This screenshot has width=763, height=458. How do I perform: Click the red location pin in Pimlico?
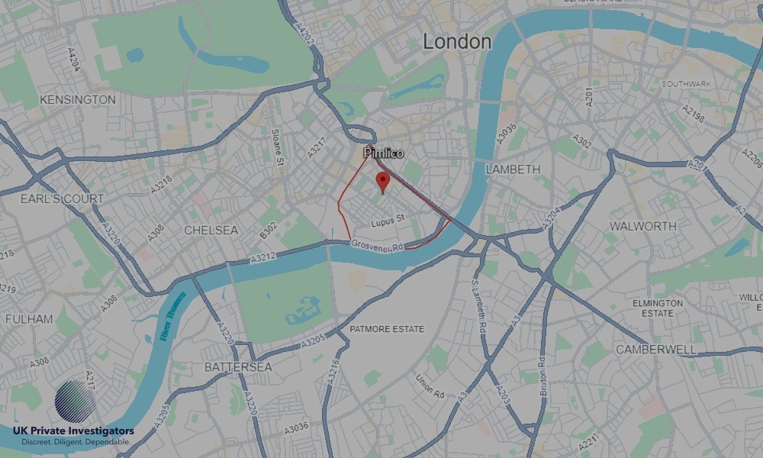coord(383,182)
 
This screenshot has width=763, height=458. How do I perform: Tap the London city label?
coord(457,41)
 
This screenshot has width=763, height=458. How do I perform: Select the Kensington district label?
coord(78,100)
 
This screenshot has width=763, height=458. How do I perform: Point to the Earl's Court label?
coord(63,199)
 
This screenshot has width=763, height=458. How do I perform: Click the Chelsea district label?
coord(211,230)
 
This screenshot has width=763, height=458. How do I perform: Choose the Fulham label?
coord(29,319)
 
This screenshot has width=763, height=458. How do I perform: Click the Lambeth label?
coord(513,169)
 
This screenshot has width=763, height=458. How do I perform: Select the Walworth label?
coord(642,226)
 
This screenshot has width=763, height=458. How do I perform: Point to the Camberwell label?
coord(655,349)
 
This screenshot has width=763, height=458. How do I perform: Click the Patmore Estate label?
coord(386,329)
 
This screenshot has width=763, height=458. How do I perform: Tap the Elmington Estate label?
coord(658,308)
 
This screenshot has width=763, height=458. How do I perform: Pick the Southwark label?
coord(687,83)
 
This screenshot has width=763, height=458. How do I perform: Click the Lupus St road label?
coord(387,223)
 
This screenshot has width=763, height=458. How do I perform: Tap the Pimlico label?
coord(383,153)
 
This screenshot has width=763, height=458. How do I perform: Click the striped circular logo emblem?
coord(76,402)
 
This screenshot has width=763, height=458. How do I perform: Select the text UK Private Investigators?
coord(73,431)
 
